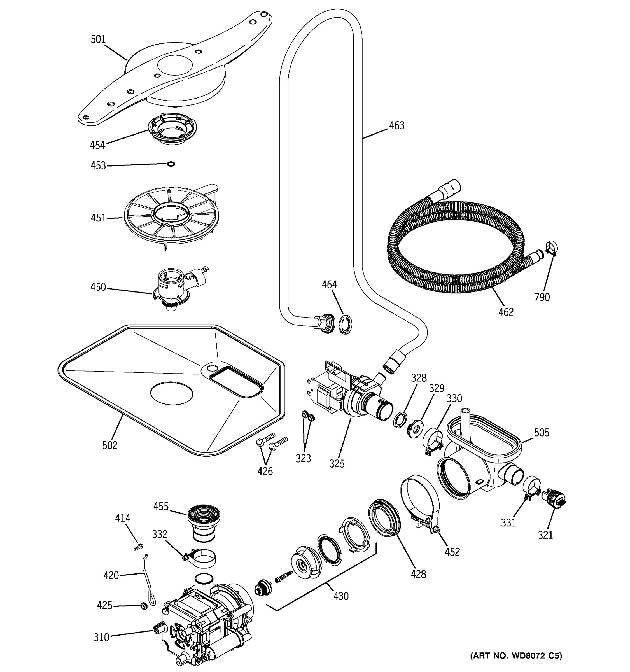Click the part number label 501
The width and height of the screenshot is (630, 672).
coord(98,39)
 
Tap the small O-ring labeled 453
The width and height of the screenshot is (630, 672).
coord(171,164)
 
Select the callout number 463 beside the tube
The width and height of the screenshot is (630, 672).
coord(396,126)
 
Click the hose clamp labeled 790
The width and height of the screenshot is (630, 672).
coord(551,248)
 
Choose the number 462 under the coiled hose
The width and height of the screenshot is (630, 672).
coord(506,312)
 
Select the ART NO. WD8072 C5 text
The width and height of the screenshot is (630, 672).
coord(516,655)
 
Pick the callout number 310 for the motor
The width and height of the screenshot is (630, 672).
coord(101,637)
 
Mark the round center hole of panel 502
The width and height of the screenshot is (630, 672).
coord(171,393)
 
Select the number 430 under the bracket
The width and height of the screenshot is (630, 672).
coord(341,596)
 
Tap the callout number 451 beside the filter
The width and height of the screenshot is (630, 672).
coord(98,218)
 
